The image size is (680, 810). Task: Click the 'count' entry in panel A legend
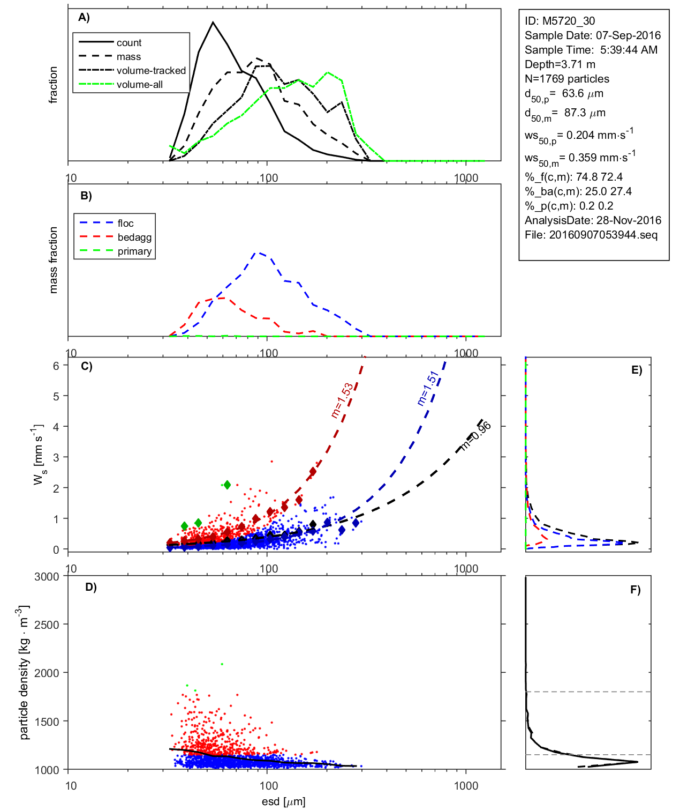pyautogui.click(x=129, y=43)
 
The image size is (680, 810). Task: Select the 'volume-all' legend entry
pyautogui.click(x=140, y=85)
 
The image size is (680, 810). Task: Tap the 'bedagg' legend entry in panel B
pyautogui.click(x=134, y=237)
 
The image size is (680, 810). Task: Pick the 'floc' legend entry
pyautogui.click(x=126, y=224)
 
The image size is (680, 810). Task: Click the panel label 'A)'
pyautogui.click(x=84, y=17)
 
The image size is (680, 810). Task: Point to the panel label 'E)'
pyautogui.click(x=636, y=370)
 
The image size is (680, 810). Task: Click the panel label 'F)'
pyautogui.click(x=635, y=590)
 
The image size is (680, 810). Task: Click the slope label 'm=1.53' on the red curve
pyautogui.click(x=342, y=400)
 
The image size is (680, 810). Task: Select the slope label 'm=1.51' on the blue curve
pyautogui.click(x=428, y=388)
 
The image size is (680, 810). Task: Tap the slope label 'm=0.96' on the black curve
pyautogui.click(x=475, y=436)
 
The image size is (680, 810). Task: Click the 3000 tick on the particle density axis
pyautogui.click(x=47, y=577)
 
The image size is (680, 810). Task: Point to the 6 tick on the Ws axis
pyautogui.click(x=56, y=366)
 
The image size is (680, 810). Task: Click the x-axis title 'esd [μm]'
pyautogui.click(x=283, y=801)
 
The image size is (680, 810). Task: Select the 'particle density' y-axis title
pyautogui.click(x=24, y=673)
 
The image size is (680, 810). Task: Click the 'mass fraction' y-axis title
pyautogui.click(x=53, y=260)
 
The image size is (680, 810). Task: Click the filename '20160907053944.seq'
pyautogui.click(x=603, y=235)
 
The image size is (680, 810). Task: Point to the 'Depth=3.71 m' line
pyautogui.click(x=560, y=64)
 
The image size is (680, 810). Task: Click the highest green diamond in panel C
pyautogui.click(x=227, y=485)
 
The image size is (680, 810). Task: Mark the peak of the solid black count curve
pyautogui.click(x=213, y=23)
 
